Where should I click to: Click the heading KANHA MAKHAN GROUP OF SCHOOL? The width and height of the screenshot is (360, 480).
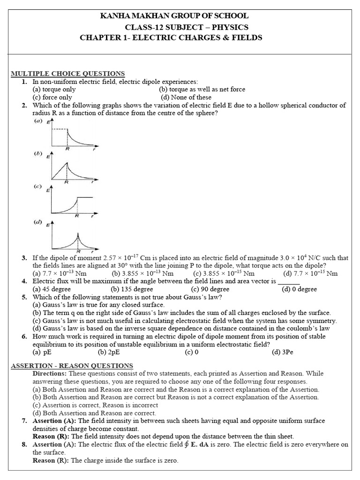point(175,16)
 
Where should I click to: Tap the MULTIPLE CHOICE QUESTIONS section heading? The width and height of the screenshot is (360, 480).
point(67,74)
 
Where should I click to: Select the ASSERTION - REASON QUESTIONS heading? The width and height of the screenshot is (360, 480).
point(72,366)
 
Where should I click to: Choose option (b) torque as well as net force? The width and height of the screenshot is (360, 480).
point(202,89)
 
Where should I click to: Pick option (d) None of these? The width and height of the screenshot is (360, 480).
point(186,97)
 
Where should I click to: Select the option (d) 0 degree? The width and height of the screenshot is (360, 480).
point(299,289)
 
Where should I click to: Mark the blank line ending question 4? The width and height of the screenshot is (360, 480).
point(289,282)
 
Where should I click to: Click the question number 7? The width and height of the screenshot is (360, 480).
point(24,421)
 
